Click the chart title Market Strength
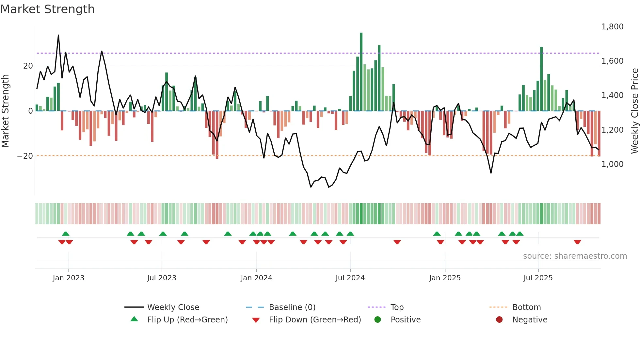point(47,9)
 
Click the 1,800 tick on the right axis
point(612,26)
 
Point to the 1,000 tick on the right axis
point(612,164)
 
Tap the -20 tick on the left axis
point(25,156)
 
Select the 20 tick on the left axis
point(28,66)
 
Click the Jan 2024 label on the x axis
point(256,278)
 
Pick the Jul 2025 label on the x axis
point(538,278)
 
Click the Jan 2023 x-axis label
point(69,278)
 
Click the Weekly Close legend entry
point(173,307)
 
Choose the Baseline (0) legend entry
point(292,307)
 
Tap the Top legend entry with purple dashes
point(397,307)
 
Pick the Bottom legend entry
point(526,307)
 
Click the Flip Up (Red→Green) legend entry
point(187,319)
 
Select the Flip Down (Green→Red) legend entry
point(315,319)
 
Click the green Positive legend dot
point(378,319)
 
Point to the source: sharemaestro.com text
point(575,256)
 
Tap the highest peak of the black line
point(58,35)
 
